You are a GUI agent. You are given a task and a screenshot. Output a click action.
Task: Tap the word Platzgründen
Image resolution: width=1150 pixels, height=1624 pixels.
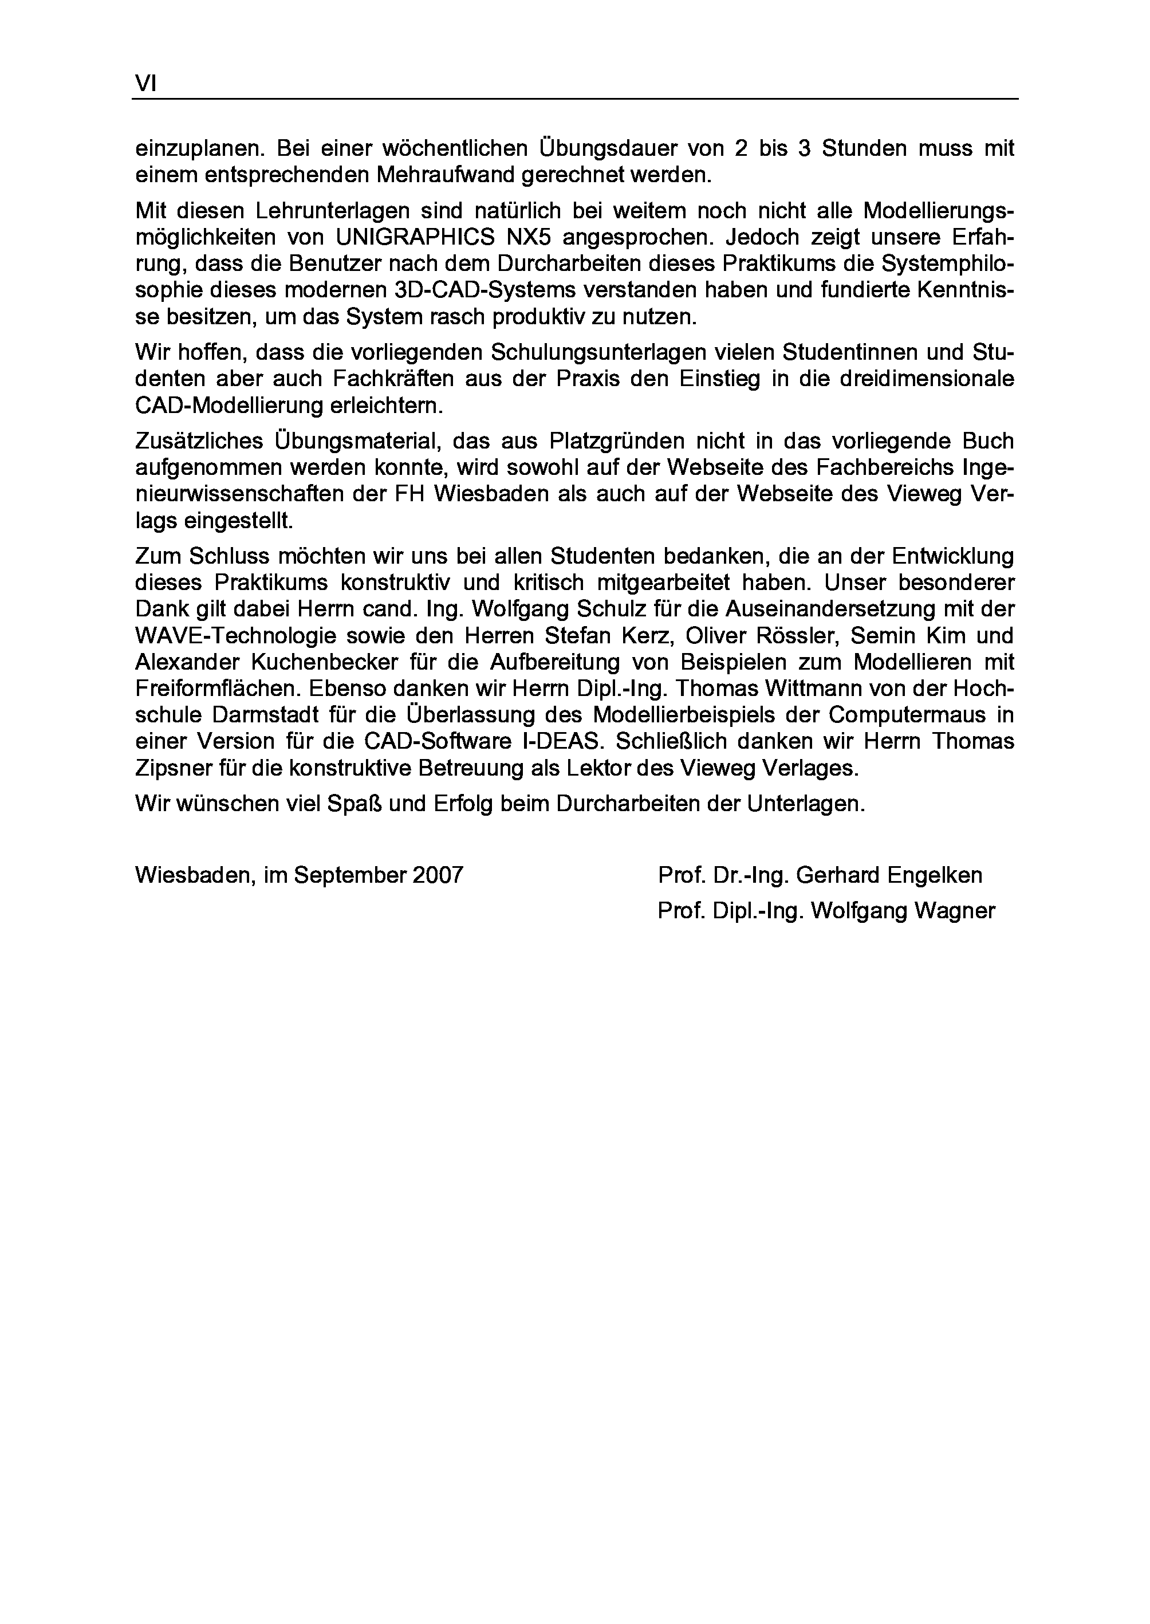pos(617,441)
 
